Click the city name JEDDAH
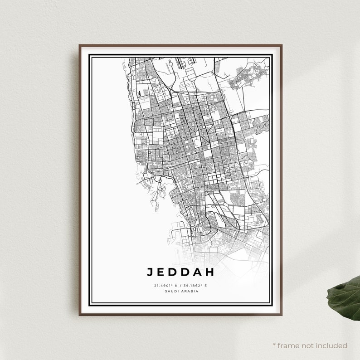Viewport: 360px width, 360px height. (180, 272)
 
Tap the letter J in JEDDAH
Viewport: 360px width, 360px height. (150, 272)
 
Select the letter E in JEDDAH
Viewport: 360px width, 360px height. (161, 272)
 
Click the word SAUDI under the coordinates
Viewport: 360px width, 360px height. (172, 291)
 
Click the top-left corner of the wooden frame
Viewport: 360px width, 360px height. (79, 45)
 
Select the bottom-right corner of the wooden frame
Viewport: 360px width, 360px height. (281, 315)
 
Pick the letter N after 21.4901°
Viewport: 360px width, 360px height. (175, 286)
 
